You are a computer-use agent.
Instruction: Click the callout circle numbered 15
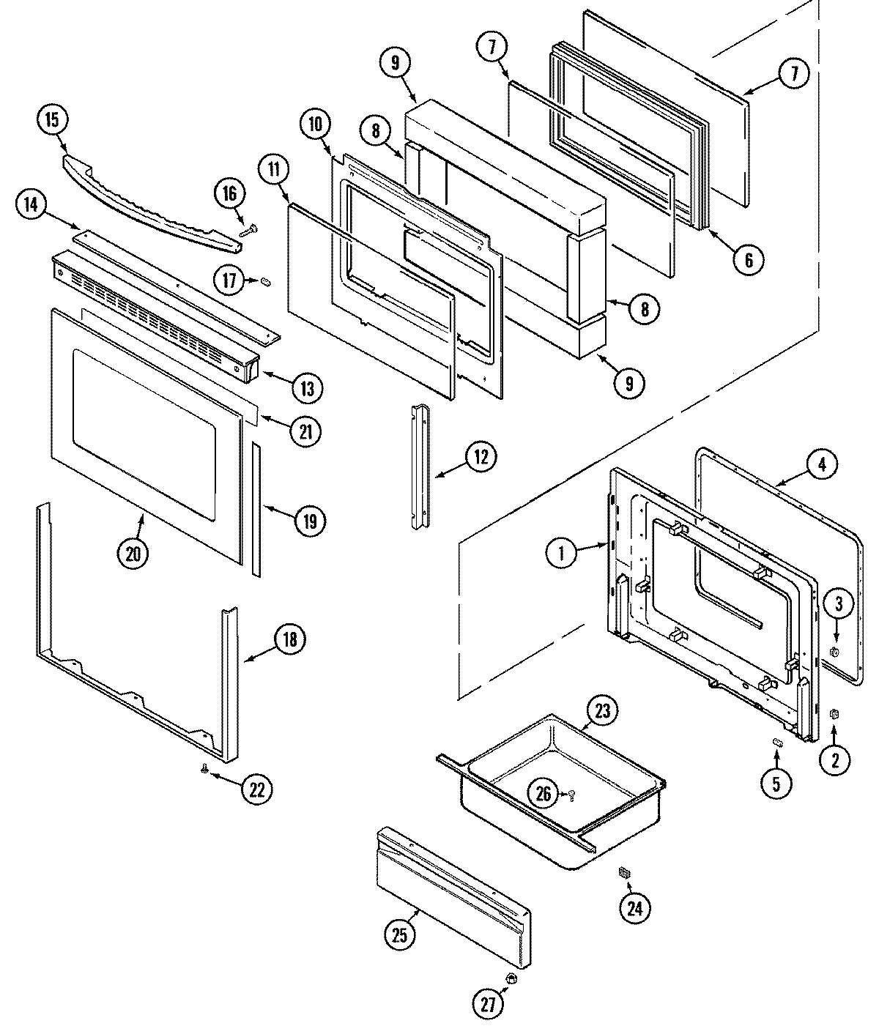53,120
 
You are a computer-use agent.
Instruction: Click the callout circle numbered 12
481,457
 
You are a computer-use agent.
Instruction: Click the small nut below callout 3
833,652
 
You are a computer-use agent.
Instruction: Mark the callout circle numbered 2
835,759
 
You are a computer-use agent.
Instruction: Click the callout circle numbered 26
544,795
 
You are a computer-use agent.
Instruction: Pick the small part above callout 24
625,871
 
